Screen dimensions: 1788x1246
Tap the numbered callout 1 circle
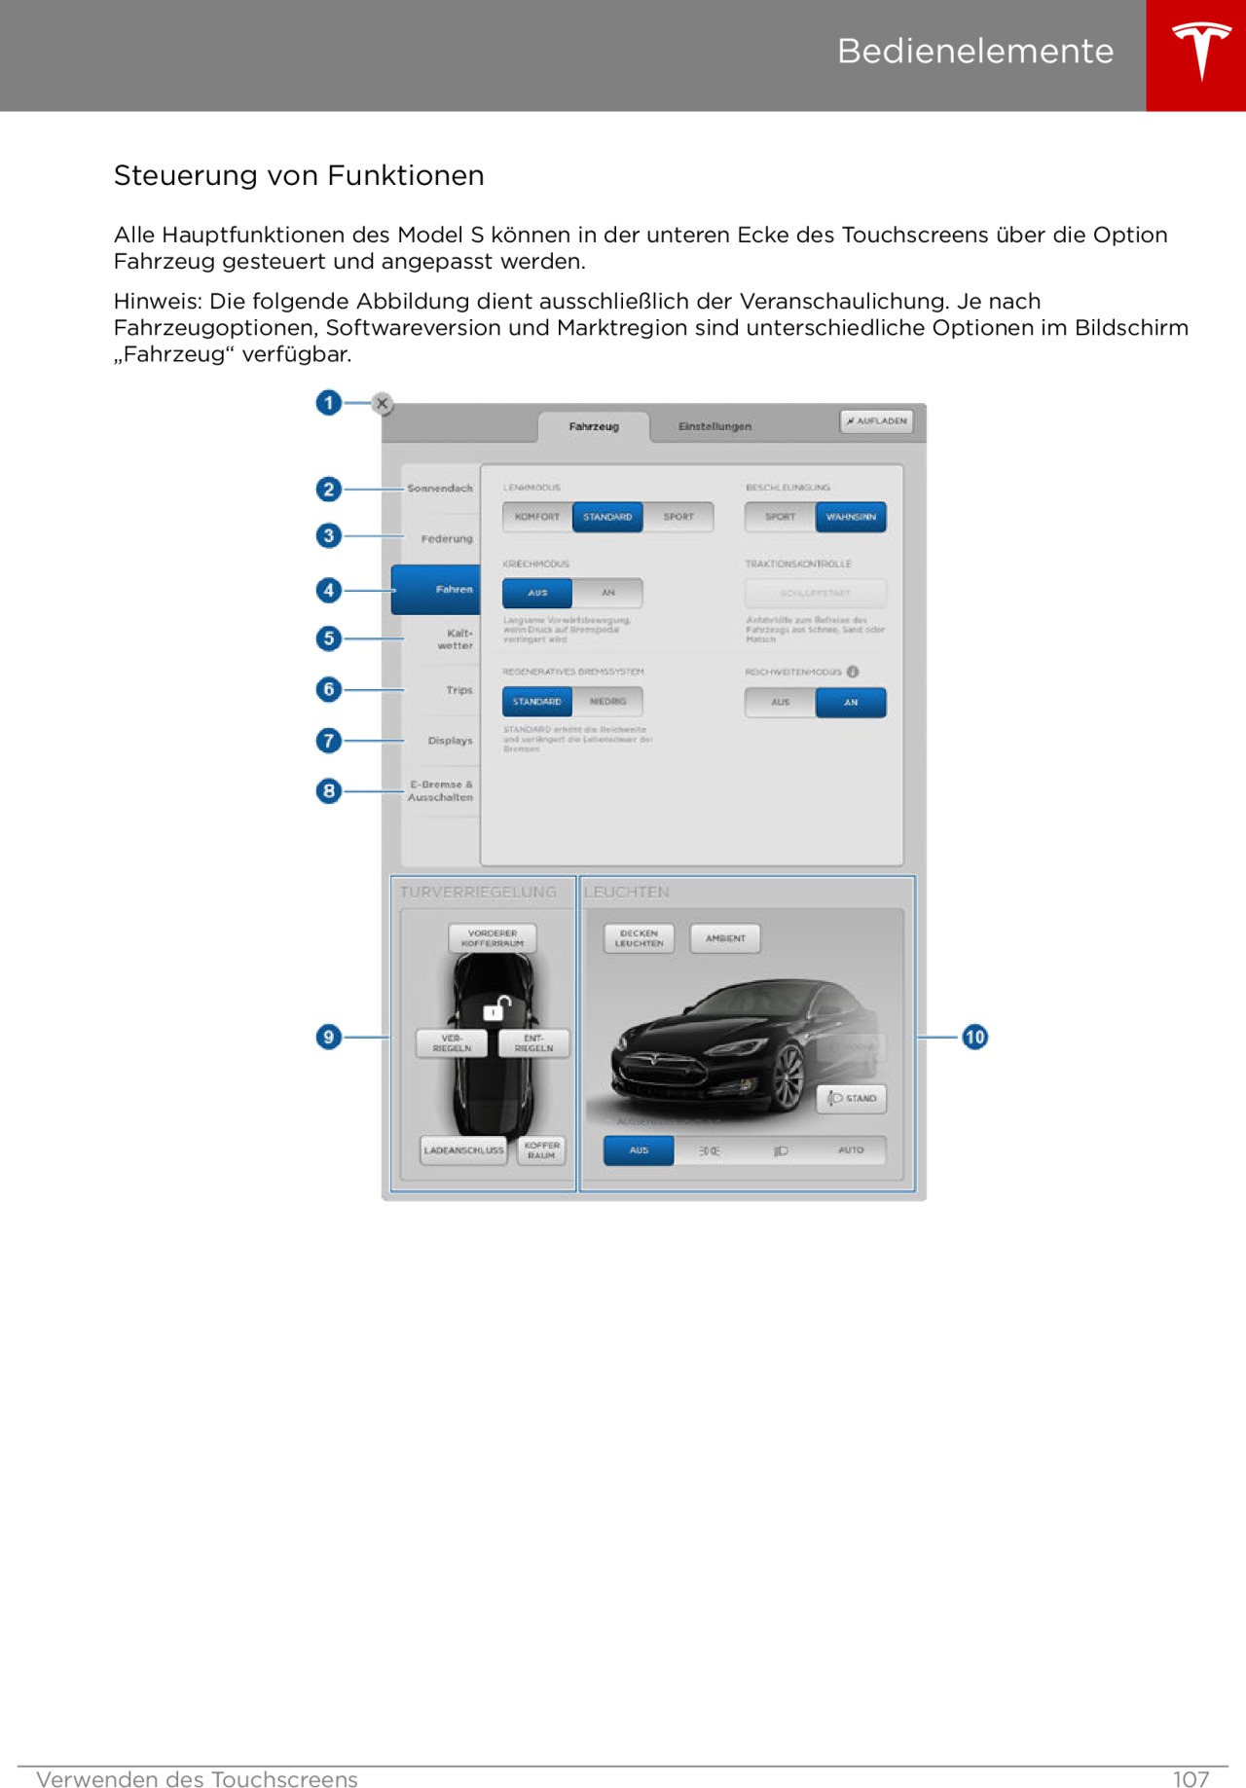point(329,403)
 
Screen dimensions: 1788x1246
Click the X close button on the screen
point(383,403)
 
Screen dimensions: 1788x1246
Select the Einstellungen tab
point(715,426)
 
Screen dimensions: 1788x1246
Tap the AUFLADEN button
point(877,421)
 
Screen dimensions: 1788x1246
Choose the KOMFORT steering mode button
point(537,517)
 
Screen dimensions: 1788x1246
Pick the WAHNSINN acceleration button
point(851,517)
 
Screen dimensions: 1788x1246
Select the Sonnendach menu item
point(440,489)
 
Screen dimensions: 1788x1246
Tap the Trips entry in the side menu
point(458,690)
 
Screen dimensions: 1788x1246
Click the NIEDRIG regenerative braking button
point(608,702)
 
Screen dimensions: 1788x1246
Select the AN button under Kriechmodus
point(608,593)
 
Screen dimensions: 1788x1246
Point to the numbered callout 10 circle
point(974,1038)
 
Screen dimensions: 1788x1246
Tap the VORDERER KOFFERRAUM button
point(493,938)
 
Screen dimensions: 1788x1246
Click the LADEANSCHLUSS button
point(464,1150)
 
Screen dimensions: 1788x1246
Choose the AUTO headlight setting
point(851,1150)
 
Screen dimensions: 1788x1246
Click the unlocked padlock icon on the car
point(497,1008)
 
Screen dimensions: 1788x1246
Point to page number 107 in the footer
point(1191,1779)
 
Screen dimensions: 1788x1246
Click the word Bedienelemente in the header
point(974,51)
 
